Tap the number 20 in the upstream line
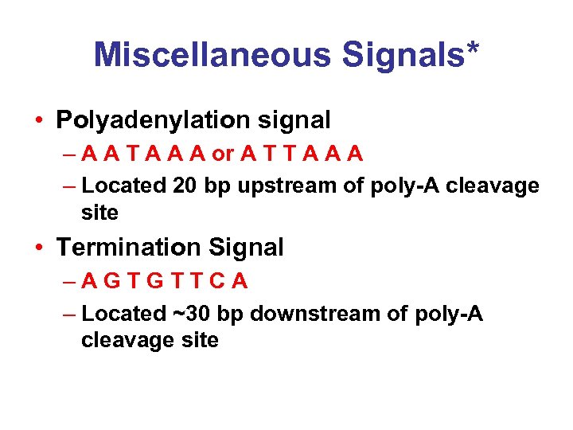point(185,186)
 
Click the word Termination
point(127,248)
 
